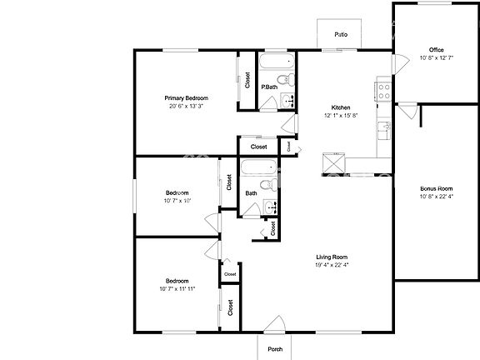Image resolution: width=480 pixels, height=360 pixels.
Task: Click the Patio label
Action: (x=340, y=35)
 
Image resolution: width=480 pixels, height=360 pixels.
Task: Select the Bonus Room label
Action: (x=436, y=189)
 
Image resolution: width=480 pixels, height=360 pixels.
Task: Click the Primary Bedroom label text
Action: (x=186, y=98)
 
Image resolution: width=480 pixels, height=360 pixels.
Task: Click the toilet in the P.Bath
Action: (x=284, y=80)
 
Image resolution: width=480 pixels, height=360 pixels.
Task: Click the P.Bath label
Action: (x=268, y=87)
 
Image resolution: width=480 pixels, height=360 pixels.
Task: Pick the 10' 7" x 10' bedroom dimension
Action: (x=177, y=201)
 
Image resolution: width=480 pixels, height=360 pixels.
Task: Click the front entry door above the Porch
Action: (x=275, y=327)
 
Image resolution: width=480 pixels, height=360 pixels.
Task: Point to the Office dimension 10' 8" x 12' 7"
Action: (x=437, y=58)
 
